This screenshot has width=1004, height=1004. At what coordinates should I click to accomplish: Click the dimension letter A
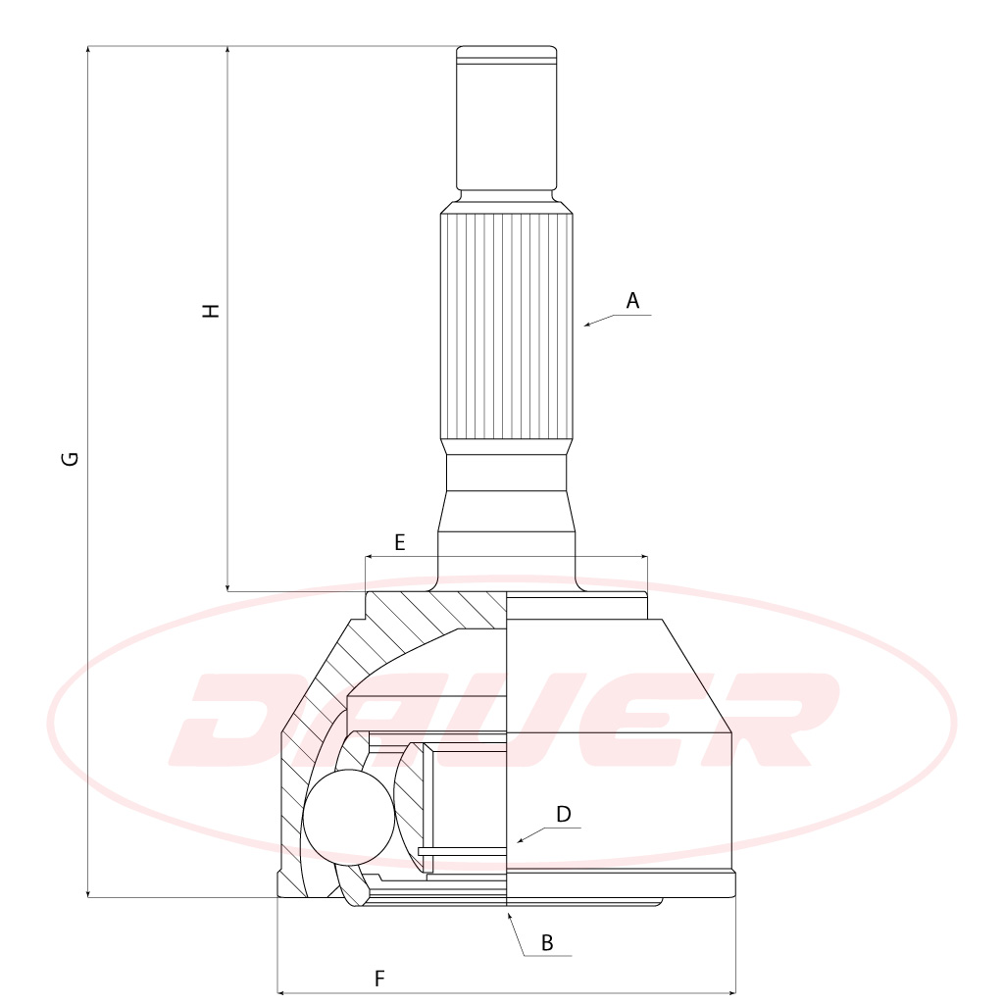pyautogui.click(x=632, y=300)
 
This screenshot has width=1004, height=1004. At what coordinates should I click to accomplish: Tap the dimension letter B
pyautogui.click(x=547, y=942)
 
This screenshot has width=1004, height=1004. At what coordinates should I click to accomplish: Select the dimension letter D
pyautogui.click(x=564, y=814)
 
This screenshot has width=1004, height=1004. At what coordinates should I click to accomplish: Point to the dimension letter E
pyautogui.click(x=400, y=542)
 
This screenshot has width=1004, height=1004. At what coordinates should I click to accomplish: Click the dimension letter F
pyautogui.click(x=379, y=979)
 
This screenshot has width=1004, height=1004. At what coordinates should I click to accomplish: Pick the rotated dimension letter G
pyautogui.click(x=70, y=459)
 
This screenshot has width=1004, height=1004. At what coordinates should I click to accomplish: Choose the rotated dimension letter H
pyautogui.click(x=211, y=311)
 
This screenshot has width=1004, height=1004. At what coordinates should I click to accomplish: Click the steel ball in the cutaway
pyautogui.click(x=349, y=818)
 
